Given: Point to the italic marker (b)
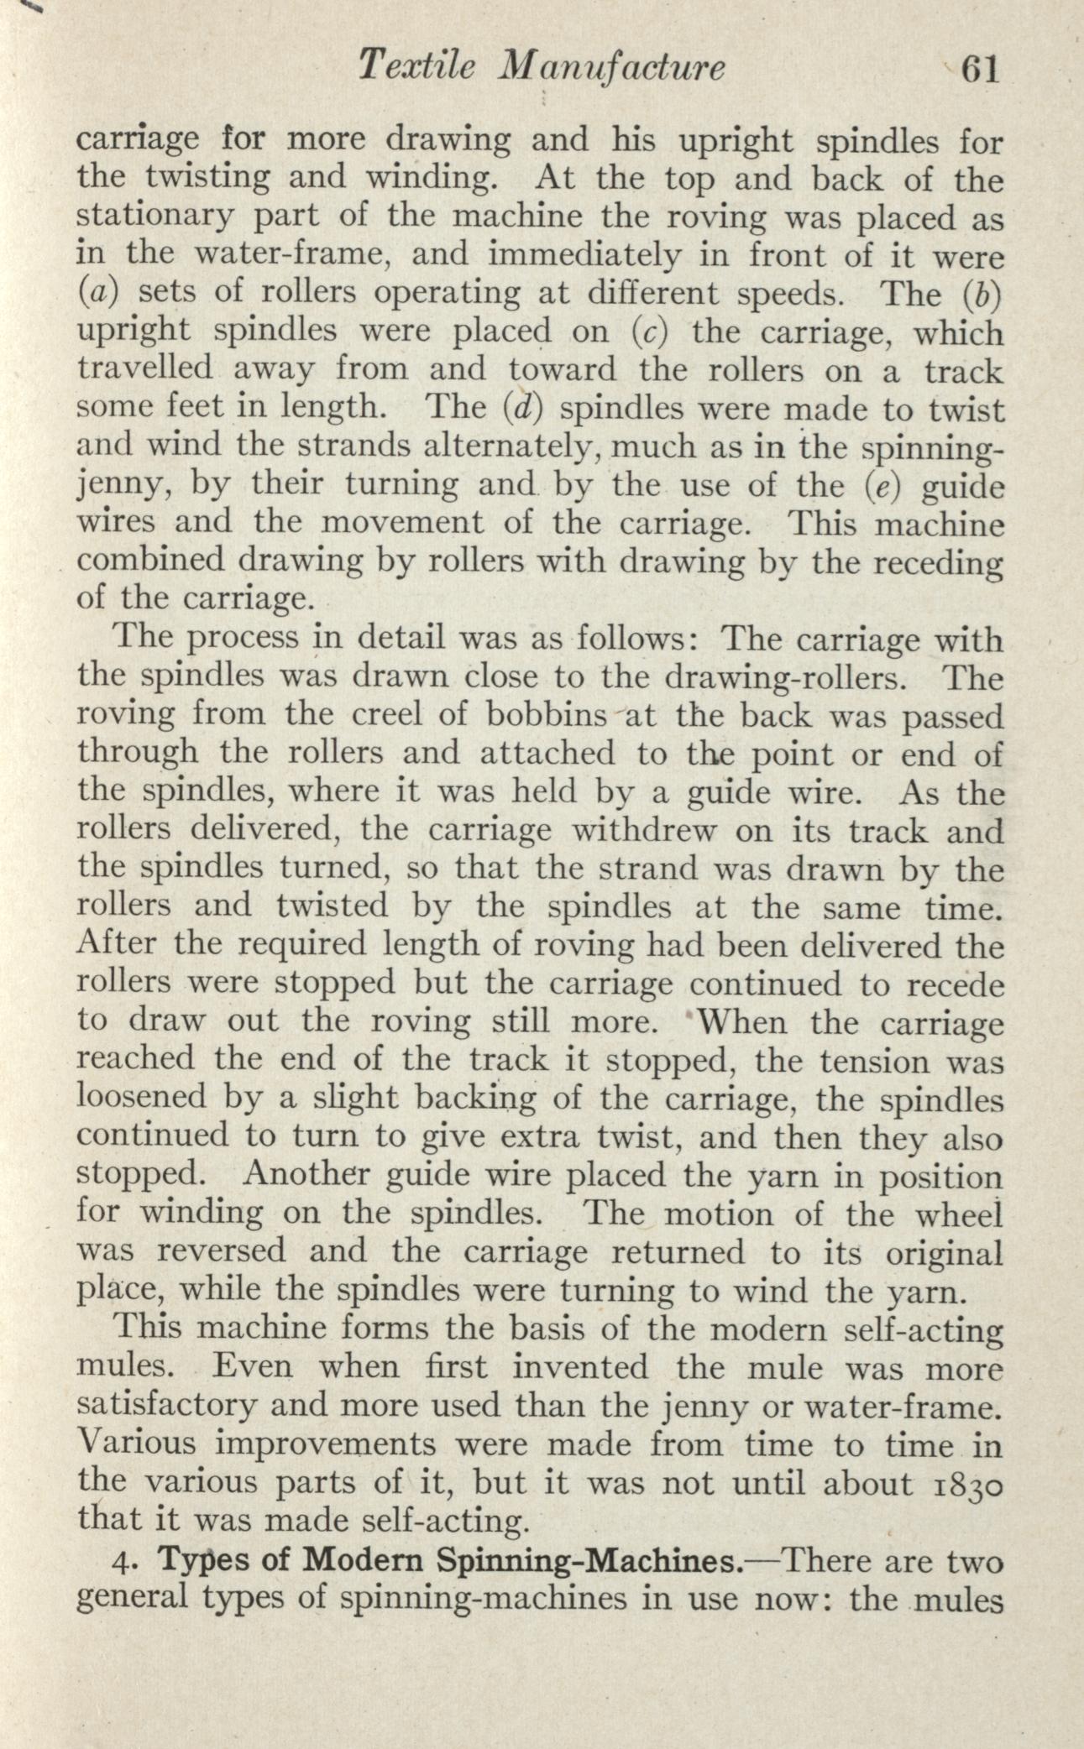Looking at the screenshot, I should (x=982, y=294).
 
